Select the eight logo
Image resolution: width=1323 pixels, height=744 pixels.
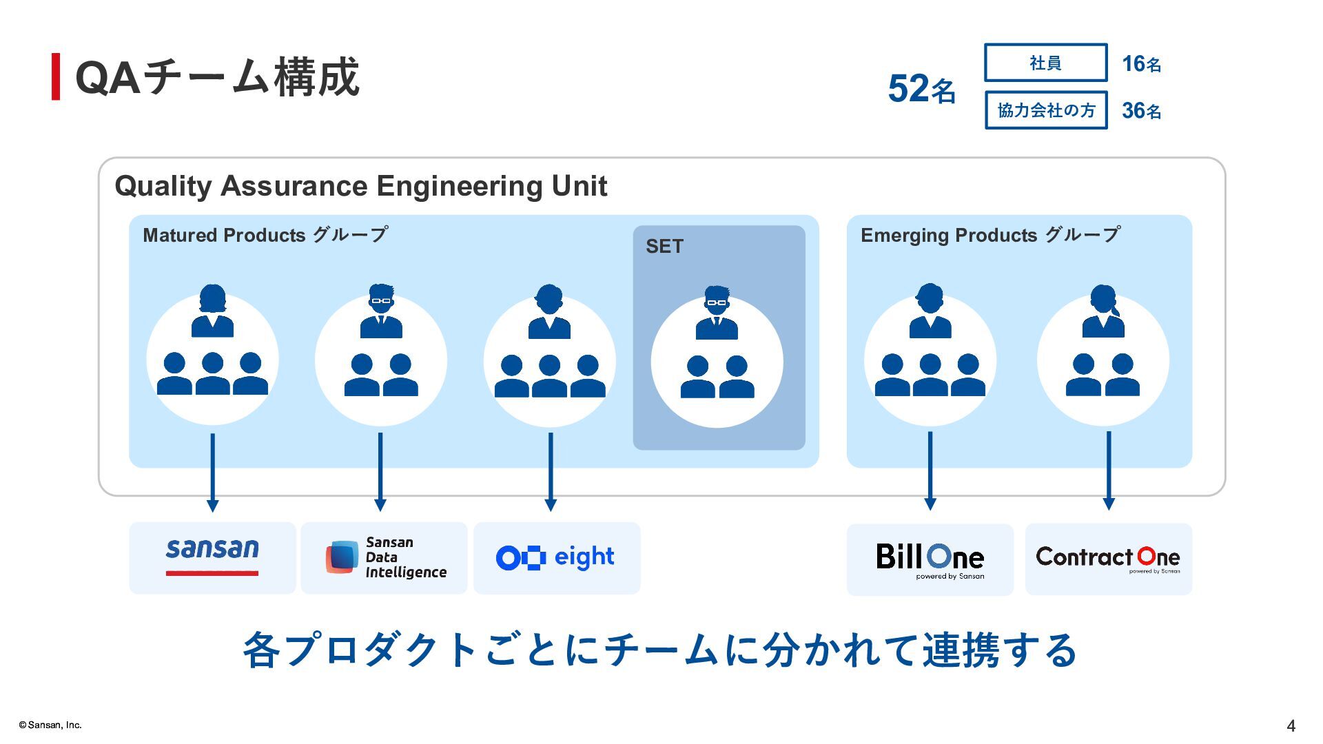[556, 557]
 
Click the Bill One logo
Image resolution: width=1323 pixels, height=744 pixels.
[930, 559]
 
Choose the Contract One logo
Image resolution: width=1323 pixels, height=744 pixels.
[1108, 559]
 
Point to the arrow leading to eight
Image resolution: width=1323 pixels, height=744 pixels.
[550, 472]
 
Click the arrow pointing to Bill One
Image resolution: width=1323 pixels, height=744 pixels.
[930, 471]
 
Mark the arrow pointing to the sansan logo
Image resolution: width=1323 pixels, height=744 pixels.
[212, 473]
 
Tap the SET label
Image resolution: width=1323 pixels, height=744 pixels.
[664, 247]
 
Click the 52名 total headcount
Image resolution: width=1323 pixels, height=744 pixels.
[921, 89]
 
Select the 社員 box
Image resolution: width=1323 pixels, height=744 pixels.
[1045, 63]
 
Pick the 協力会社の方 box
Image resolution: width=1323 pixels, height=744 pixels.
[1045, 110]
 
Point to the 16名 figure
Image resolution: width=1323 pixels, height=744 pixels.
[1141, 64]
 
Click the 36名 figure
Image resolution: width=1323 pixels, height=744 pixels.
[1141, 110]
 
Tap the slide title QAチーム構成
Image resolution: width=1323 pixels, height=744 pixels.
[217, 76]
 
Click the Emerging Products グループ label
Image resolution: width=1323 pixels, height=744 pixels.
[990, 235]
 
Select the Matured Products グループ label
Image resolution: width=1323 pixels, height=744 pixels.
[265, 235]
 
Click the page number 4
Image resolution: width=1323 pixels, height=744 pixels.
[1291, 725]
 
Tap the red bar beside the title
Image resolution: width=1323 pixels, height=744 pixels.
[56, 76]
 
